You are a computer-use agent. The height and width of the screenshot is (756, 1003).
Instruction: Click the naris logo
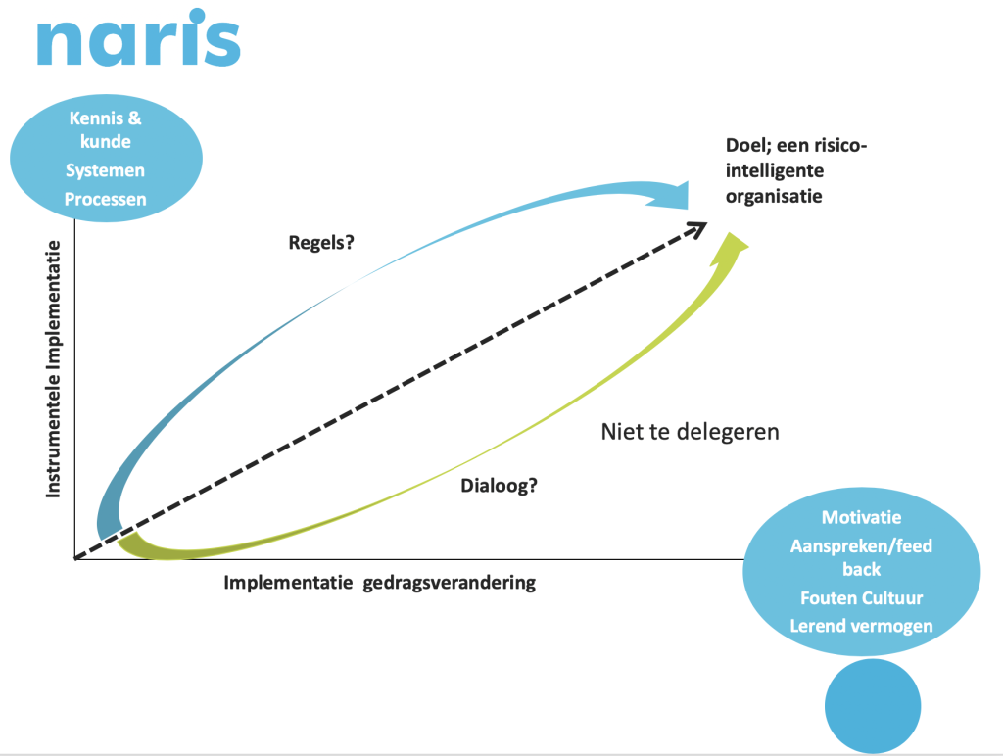139,38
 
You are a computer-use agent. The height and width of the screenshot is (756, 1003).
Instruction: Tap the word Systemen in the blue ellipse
105,170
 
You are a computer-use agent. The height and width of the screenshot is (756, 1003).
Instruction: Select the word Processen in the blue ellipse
105,199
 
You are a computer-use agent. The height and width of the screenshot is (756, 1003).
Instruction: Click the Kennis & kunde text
106,130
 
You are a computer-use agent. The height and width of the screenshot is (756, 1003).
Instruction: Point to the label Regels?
321,243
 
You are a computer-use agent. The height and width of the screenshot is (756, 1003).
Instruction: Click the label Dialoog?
499,486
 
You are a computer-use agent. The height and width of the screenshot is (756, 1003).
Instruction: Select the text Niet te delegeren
691,432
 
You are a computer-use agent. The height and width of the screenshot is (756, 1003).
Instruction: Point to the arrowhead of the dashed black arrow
697,228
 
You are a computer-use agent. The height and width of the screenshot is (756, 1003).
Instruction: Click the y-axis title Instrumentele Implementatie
53,369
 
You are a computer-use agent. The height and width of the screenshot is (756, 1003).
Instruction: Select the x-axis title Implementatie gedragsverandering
380,583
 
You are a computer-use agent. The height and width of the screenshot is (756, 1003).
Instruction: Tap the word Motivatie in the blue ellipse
862,517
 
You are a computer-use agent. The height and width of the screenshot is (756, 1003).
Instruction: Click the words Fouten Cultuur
862,598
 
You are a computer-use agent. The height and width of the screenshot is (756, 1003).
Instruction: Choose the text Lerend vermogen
862,626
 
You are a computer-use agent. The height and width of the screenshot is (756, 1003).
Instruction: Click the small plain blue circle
873,706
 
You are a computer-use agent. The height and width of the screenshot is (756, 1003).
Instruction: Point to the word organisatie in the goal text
774,196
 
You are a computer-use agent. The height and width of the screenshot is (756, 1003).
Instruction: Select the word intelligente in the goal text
775,170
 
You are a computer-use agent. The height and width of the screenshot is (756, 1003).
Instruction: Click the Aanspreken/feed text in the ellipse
862,545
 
